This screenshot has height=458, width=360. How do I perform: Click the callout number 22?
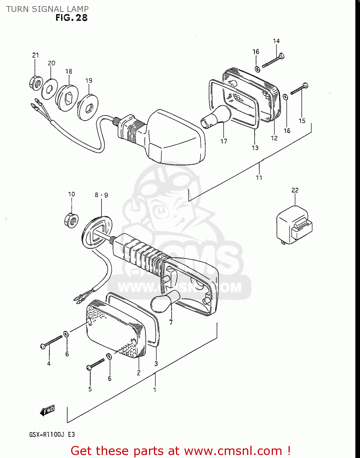tap(295, 190)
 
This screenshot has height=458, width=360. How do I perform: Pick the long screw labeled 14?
tap(273, 60)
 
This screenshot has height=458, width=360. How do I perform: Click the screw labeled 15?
tap(299, 89)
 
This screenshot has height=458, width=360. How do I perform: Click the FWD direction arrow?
tap(47, 411)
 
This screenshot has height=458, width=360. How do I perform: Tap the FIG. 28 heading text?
tap(71, 18)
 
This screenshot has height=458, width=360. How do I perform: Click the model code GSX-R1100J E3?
tap(52, 434)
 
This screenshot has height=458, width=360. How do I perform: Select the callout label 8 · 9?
tap(101, 195)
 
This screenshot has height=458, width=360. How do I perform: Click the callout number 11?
tap(259, 177)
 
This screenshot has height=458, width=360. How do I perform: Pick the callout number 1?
tap(155, 390)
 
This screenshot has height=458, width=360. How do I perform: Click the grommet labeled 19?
tap(88, 107)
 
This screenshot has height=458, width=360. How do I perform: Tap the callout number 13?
tap(255, 148)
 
